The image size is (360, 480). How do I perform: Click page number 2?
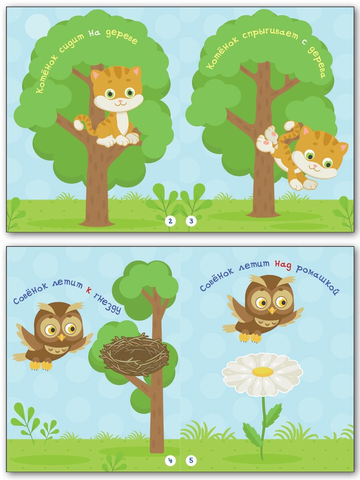tap(170, 221)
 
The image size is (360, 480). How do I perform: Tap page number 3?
tap(191, 221)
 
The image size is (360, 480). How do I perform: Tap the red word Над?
tap(283, 266)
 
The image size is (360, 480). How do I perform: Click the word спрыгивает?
tap(270, 34)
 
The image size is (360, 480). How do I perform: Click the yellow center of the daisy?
tap(263, 372)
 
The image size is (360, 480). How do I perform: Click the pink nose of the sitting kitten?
tap(120, 101)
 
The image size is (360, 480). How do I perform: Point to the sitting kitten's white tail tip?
tap(78, 125)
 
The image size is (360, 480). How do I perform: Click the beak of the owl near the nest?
tap(62, 338)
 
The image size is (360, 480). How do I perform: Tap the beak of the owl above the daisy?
tap(272, 310)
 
